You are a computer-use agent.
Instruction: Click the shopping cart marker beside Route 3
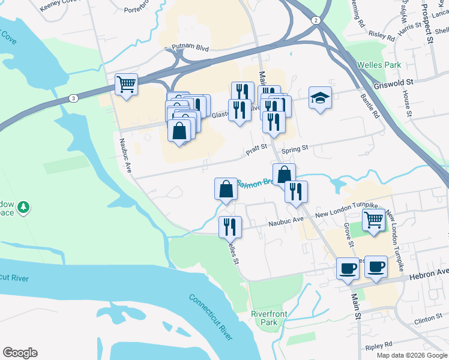point(126,85)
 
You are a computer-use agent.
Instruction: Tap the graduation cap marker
point(320,98)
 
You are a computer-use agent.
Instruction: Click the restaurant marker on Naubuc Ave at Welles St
point(230,227)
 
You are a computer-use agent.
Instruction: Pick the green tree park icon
point(23,207)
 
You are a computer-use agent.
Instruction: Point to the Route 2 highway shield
point(316,20)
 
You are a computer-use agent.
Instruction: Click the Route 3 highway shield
point(73,98)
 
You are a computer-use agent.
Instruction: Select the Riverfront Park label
point(268,317)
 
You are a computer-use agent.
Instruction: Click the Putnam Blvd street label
point(190,47)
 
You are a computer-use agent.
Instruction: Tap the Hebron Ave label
point(429,272)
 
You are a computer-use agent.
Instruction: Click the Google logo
point(20,353)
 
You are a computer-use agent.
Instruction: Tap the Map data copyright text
point(412,355)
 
